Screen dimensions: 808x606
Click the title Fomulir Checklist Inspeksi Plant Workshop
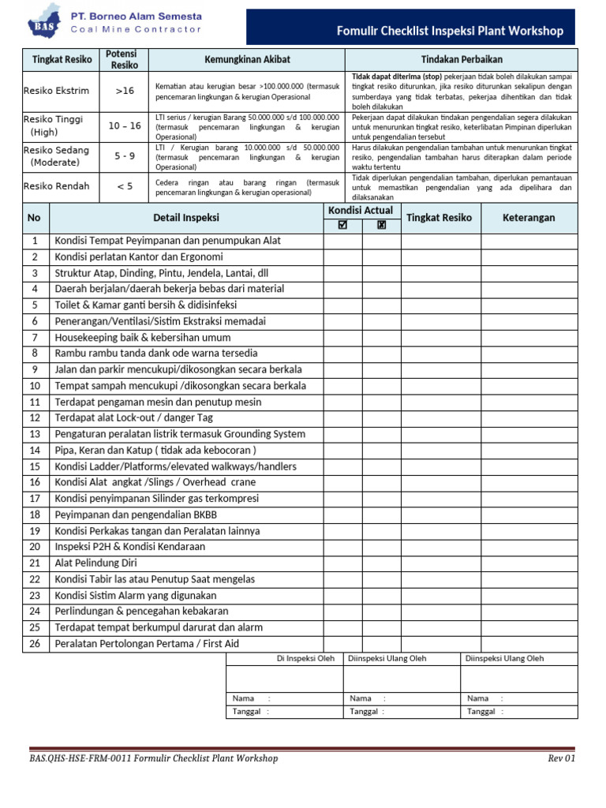[450, 31]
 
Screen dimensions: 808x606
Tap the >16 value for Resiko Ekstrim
[125, 91]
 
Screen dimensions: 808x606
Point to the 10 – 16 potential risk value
[125, 125]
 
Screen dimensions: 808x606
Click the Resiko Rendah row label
[57, 186]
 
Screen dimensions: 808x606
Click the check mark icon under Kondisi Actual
[342, 225]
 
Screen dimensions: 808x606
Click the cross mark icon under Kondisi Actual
[382, 225]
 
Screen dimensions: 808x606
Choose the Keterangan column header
[529, 218]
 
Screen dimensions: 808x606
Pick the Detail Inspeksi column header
[186, 218]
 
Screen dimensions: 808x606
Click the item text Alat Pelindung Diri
[95, 563]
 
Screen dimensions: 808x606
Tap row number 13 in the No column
[35, 434]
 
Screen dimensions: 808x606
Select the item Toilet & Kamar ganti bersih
[145, 305]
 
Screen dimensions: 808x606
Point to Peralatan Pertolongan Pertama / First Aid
[146, 643]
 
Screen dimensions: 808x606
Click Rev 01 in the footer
[562, 758]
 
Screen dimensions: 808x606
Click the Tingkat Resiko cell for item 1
[440, 240]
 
